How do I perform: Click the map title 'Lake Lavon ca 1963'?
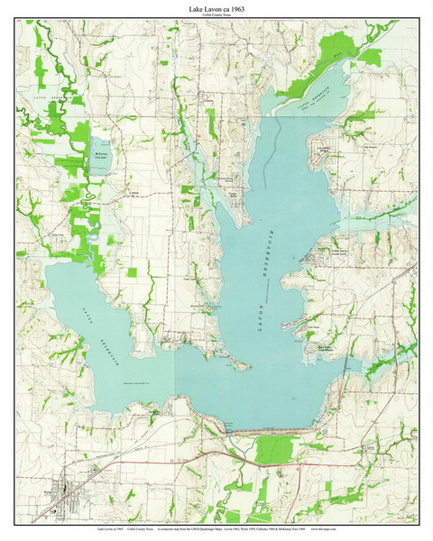[x=216, y=8]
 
